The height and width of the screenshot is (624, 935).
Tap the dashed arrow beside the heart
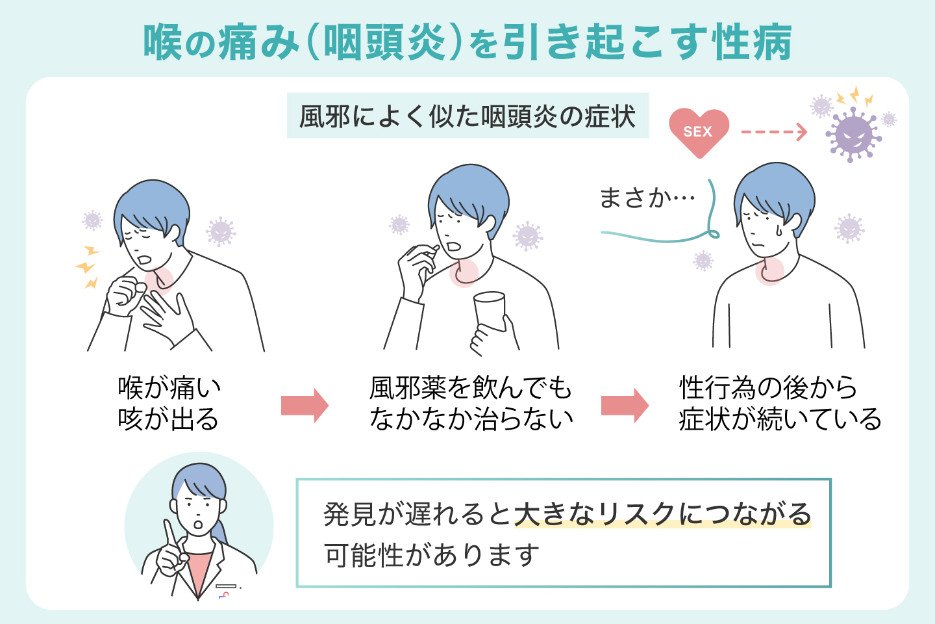[773, 132]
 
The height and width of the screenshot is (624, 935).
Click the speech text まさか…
[647, 198]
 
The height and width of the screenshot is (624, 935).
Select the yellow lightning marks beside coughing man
[88, 266]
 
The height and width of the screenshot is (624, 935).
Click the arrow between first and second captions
[305, 406]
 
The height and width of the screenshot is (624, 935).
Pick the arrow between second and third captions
[624, 406]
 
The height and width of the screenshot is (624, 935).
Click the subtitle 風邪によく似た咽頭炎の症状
[467, 117]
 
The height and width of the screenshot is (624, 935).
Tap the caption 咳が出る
[168, 419]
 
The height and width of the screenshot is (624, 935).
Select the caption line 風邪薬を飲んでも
[471, 388]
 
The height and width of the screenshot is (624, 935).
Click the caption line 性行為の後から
[769, 388]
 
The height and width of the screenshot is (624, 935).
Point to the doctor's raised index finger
[168, 533]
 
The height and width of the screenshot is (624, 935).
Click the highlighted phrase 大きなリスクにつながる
[663, 514]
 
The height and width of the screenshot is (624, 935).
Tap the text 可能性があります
[432, 556]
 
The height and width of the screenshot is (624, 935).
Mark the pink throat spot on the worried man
[769, 272]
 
